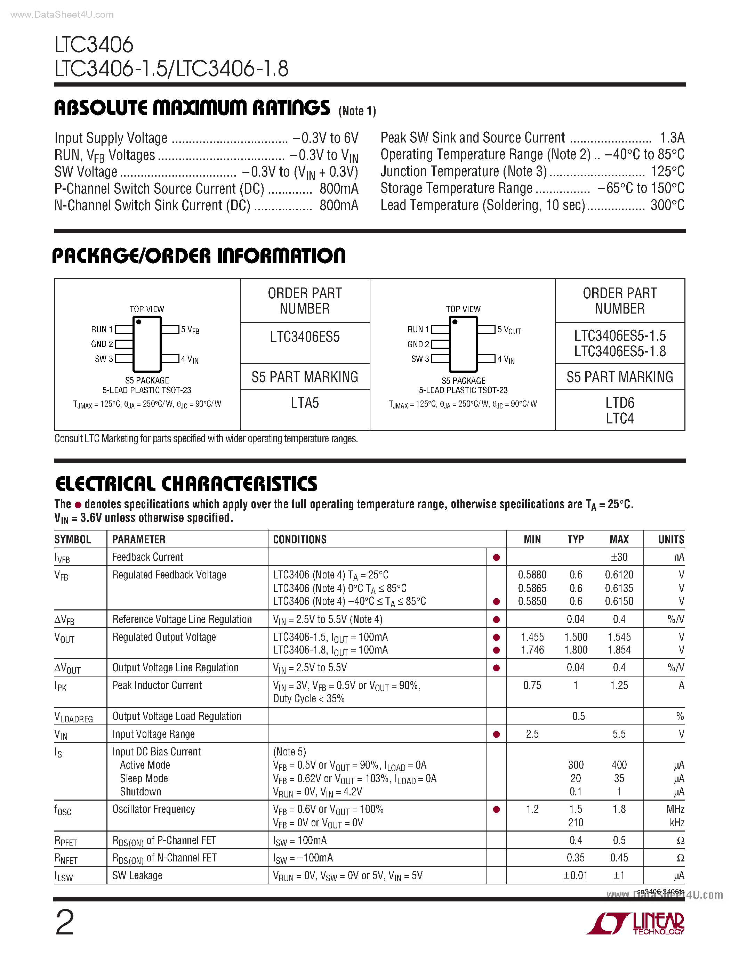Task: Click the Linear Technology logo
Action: [636, 924]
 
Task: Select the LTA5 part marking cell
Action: [305, 403]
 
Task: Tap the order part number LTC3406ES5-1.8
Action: [619, 351]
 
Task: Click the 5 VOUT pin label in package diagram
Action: [509, 330]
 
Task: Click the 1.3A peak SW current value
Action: [672, 138]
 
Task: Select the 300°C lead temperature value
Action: [667, 205]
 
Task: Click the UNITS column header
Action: [671, 539]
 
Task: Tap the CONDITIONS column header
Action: [300, 539]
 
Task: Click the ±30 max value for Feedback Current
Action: [619, 557]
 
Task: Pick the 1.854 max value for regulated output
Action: [619, 650]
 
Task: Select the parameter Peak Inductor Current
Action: [157, 686]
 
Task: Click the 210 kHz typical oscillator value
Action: [576, 823]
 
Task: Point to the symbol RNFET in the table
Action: [66, 858]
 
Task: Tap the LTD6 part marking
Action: [619, 403]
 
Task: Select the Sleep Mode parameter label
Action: [144, 778]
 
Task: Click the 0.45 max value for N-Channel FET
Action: [619, 858]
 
